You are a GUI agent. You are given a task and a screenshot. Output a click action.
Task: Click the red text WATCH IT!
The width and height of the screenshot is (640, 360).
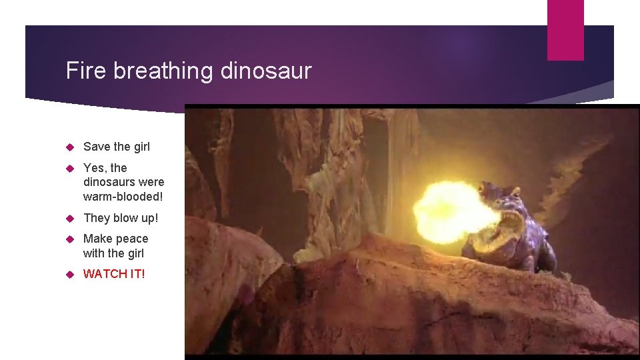coord(114,274)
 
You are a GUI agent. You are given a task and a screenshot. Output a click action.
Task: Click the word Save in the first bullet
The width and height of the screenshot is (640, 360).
coord(97,147)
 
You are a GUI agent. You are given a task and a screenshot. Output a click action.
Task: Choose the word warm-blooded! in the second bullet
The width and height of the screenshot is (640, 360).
coord(123,197)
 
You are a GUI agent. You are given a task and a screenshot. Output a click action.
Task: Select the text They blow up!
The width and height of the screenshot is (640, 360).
coord(121,218)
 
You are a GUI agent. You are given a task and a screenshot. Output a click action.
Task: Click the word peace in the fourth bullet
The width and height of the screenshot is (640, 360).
coord(133,239)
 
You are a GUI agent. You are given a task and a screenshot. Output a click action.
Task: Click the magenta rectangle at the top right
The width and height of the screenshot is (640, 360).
coord(565,30)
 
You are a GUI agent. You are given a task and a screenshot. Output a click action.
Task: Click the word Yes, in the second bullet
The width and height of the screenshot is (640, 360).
coord(95,167)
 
